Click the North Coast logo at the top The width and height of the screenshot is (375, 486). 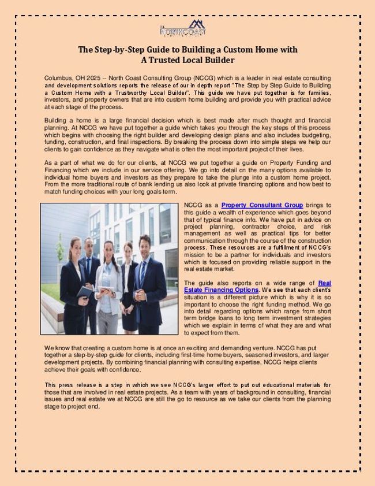(188, 27)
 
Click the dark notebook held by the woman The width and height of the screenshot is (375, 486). (85, 292)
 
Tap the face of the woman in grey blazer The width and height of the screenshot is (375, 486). (108, 250)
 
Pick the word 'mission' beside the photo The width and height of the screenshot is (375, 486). (194, 254)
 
